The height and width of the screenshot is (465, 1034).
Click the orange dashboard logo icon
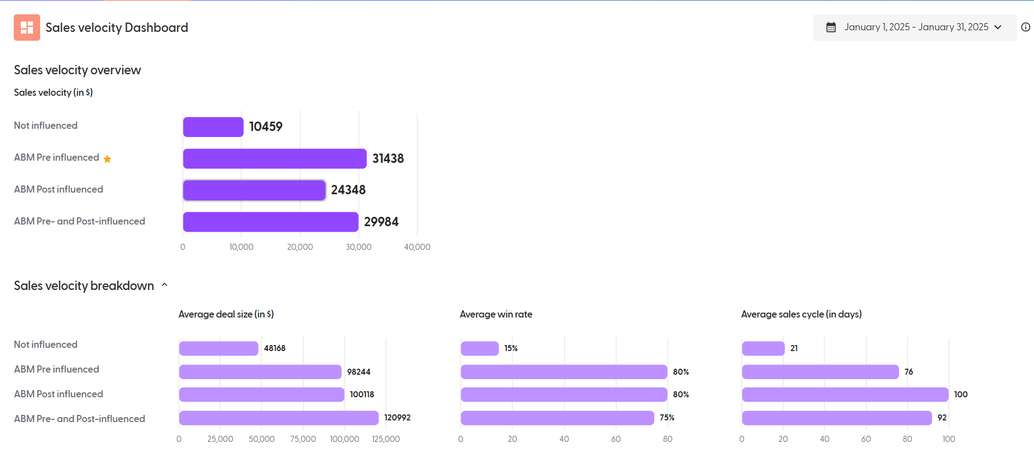pos(26,28)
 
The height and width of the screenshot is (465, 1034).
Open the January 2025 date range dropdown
pos(915,28)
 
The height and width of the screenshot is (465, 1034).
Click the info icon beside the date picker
pos(1025,27)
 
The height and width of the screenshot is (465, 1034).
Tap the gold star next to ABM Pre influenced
pos(107,159)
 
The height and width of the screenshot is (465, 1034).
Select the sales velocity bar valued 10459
pos(213,127)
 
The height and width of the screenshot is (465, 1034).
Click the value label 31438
pos(388,158)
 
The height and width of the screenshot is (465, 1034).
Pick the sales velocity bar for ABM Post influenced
pos(254,190)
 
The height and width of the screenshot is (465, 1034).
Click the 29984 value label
pos(381,222)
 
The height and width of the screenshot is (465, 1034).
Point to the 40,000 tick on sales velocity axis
pos(417,247)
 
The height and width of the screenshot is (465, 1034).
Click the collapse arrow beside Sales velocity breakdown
pos(165,285)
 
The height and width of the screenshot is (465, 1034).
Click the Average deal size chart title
pos(226,314)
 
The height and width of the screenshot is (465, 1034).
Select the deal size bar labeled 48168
pos(218,348)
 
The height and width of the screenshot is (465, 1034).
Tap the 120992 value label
pos(397,418)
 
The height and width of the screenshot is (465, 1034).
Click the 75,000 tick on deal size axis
pos(303,439)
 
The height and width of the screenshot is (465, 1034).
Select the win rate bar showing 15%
pos(479,348)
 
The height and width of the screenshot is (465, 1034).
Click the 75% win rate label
pos(667,418)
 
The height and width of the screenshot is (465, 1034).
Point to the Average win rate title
pos(496,314)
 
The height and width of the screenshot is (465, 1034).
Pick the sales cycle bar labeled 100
pos(845,395)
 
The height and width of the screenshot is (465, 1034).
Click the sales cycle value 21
pos(794,348)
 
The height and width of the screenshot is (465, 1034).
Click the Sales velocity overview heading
pos(77,70)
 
